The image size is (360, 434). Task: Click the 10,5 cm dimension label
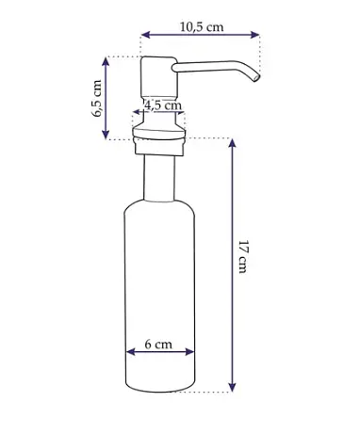[202, 27]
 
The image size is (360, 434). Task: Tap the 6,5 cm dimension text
[97, 98]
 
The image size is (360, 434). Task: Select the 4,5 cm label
[163, 105]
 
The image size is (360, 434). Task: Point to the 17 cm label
[243, 257]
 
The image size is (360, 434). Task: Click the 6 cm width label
[158, 345]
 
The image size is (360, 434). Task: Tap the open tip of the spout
[256, 77]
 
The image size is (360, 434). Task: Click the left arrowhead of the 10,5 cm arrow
[145, 35]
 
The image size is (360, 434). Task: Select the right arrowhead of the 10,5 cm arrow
[254, 35]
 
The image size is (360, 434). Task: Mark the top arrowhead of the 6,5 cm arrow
[106, 62]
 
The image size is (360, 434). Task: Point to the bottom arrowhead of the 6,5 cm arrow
[106, 135]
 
